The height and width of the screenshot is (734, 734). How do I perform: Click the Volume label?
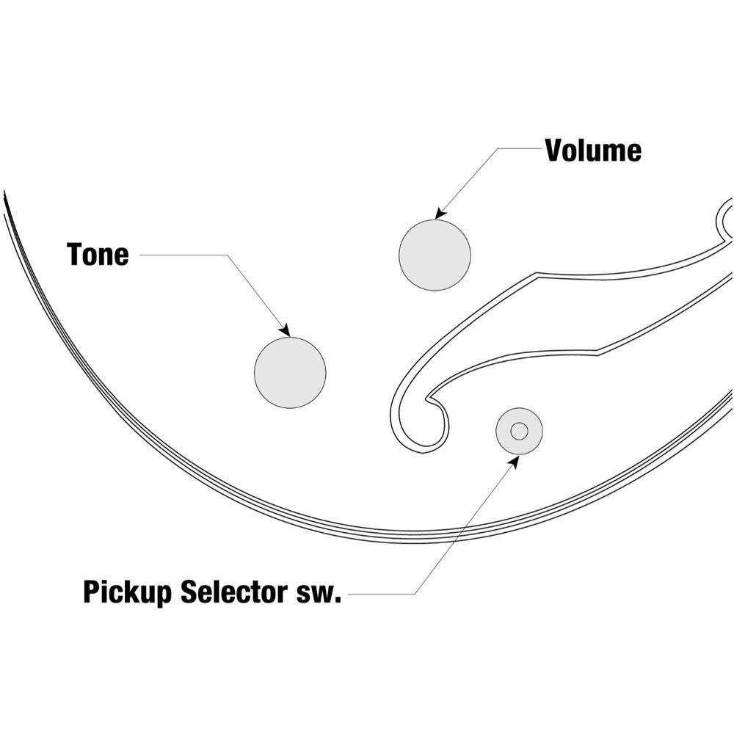click(593, 150)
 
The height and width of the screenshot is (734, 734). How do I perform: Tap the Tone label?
click(98, 255)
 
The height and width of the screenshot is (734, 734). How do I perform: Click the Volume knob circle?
click(435, 255)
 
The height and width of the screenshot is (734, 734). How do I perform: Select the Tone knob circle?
click(290, 372)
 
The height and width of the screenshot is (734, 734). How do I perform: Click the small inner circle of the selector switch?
click(519, 431)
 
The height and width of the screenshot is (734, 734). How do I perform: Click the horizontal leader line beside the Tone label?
click(183, 255)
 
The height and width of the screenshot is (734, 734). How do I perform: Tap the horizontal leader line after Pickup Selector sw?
click(382, 592)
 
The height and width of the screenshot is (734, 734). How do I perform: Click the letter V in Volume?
click(553, 150)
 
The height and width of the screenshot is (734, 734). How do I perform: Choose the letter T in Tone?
click(74, 255)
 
